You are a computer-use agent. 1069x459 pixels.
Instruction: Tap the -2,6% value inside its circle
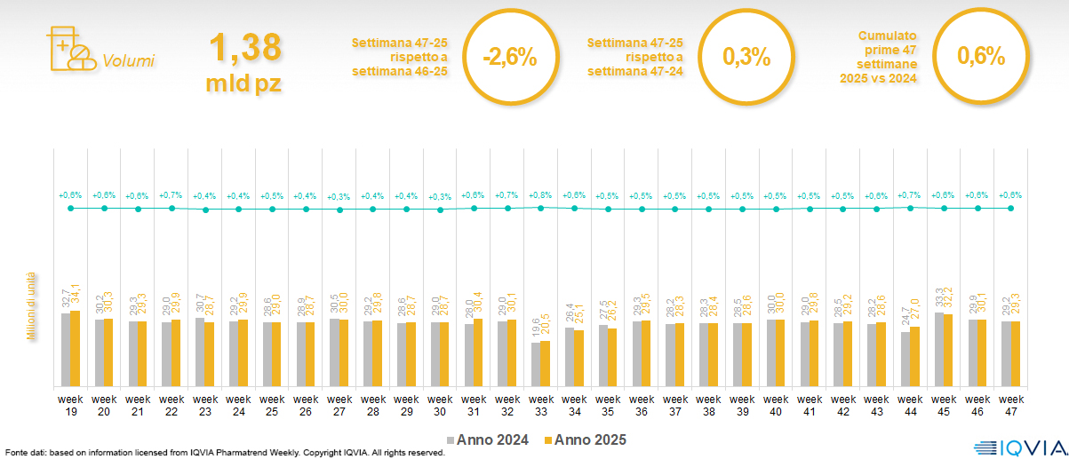(x=509, y=58)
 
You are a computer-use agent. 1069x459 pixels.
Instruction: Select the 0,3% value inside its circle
(x=746, y=58)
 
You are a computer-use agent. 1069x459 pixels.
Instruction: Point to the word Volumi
(x=128, y=61)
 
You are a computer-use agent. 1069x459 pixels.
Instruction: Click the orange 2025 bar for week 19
(x=76, y=348)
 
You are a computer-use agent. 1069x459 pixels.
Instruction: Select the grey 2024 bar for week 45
(x=938, y=349)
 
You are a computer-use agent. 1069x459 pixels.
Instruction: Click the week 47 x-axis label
(x=1010, y=405)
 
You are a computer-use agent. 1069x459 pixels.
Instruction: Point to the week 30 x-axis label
(x=440, y=405)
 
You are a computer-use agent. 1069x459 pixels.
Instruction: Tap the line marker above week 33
(x=540, y=207)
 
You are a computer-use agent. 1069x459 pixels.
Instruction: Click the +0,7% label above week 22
(x=172, y=194)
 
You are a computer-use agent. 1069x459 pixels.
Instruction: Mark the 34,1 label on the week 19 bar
(x=76, y=296)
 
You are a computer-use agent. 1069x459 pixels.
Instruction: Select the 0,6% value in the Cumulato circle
(x=980, y=58)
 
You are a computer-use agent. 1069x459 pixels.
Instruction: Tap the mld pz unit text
(x=245, y=84)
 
